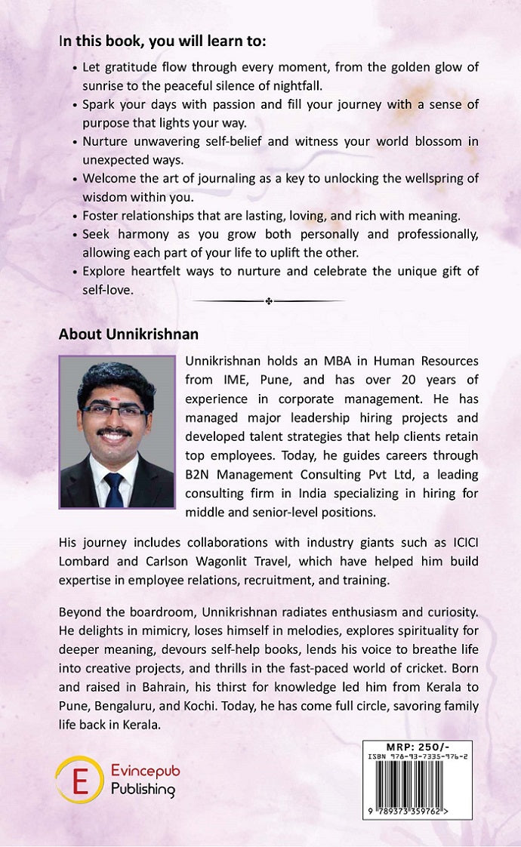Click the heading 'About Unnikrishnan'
[128, 334]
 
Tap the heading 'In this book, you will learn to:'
[162, 41]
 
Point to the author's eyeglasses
[114, 411]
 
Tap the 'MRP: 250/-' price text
[418, 747]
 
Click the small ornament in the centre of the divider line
[269, 302]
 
